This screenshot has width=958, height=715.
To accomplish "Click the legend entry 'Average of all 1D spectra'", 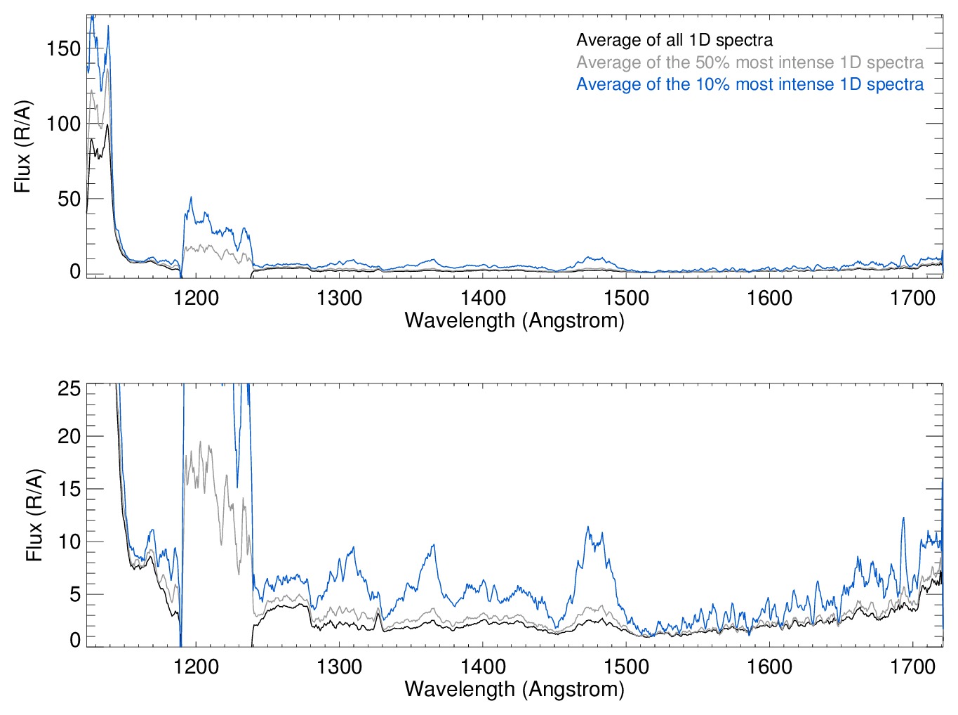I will [674, 41].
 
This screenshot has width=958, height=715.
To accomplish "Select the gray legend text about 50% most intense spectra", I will [750, 63].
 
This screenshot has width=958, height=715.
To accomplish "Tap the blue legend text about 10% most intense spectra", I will [750, 85].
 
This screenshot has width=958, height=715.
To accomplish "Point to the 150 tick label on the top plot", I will [64, 49].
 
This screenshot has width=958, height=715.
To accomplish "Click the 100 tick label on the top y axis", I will [64, 124].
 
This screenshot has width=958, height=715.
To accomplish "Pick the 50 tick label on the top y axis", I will [69, 199].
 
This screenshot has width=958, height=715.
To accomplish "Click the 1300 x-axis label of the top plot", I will [340, 299].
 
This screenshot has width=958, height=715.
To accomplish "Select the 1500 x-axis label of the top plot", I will [626, 299].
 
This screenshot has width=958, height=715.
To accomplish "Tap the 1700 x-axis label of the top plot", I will [912, 299].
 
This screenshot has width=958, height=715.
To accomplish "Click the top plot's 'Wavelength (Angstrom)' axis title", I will [514, 321].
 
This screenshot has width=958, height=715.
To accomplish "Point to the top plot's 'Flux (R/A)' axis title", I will [22, 147].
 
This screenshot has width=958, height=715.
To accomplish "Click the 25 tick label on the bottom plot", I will [69, 388].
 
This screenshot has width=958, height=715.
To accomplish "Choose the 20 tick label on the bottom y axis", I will [69, 436].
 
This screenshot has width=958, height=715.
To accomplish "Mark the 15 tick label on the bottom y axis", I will [69, 490].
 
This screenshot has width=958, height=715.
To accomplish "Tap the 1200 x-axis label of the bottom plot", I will [197, 667].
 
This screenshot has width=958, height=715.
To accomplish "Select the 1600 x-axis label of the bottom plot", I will [769, 667].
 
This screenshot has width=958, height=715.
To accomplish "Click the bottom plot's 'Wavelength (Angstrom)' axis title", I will [514, 689].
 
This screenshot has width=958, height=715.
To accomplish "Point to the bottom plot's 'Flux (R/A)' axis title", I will [34, 515].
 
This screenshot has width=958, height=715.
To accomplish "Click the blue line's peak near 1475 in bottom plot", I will [588, 527].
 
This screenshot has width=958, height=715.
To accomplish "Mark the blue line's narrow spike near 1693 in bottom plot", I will [903, 518].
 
